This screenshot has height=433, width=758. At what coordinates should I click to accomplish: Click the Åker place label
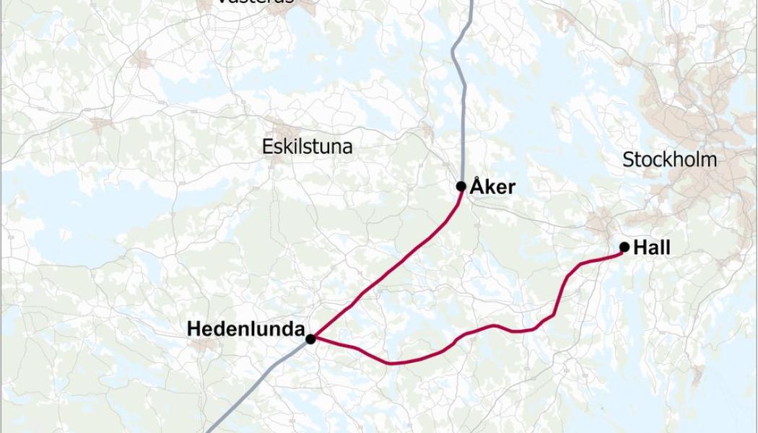[x=492, y=187]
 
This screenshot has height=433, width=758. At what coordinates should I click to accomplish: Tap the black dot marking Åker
[x=461, y=186]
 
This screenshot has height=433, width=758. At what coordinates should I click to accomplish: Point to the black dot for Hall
[x=624, y=248]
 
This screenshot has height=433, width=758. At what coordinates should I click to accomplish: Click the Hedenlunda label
[x=245, y=329]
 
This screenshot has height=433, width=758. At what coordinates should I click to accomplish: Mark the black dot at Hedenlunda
[x=310, y=338]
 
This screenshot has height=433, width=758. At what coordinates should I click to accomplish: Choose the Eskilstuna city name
[x=308, y=147]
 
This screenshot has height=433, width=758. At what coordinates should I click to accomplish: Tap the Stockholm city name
[x=669, y=159]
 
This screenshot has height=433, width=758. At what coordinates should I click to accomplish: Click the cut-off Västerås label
[x=255, y=2]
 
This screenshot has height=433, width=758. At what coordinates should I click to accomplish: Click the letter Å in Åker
[x=476, y=187]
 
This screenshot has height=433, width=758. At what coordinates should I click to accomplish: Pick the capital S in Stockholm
[x=627, y=159]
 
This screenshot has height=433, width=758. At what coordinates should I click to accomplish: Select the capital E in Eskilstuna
[x=266, y=147]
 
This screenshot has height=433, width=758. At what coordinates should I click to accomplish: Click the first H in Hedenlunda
[x=193, y=329]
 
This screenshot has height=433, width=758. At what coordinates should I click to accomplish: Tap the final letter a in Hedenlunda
[x=298, y=329]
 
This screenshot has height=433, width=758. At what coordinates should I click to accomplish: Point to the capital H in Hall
[x=640, y=248]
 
